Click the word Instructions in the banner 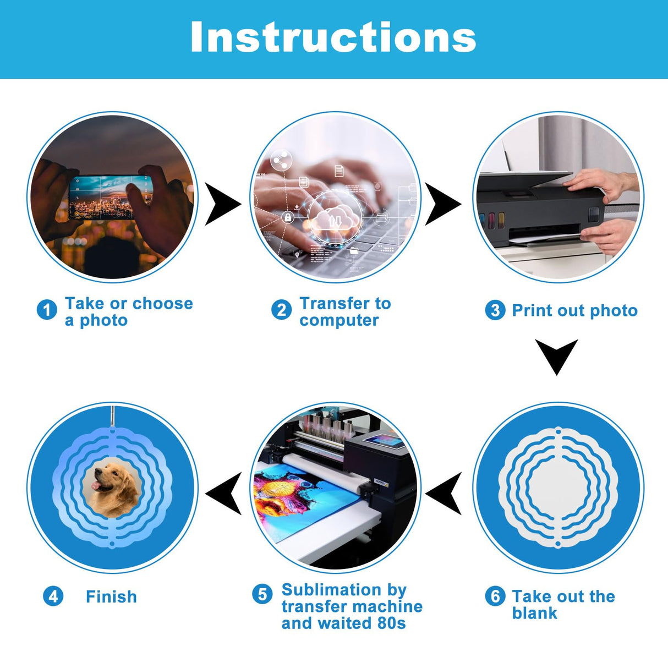click(x=333, y=37)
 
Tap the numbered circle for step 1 click(x=47, y=310)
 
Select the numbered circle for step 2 click(x=281, y=310)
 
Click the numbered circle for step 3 click(x=495, y=310)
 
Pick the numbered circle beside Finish click(x=53, y=596)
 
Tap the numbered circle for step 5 click(x=262, y=594)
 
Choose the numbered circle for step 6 click(x=495, y=596)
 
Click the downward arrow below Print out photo click(x=556, y=357)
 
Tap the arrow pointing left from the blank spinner click(x=443, y=493)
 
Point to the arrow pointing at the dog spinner click(x=223, y=493)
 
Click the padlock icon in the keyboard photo click(x=288, y=217)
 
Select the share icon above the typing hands click(x=281, y=161)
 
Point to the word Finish click(x=111, y=596)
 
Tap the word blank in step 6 click(x=534, y=613)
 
